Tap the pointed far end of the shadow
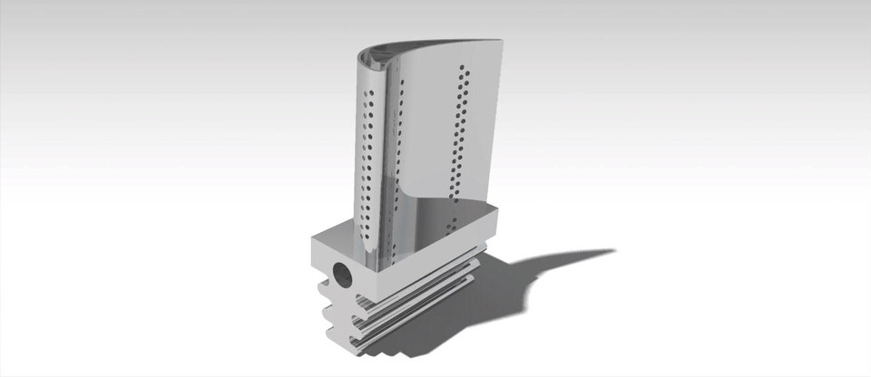[x=613, y=251]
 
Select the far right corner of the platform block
[x=501, y=210]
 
